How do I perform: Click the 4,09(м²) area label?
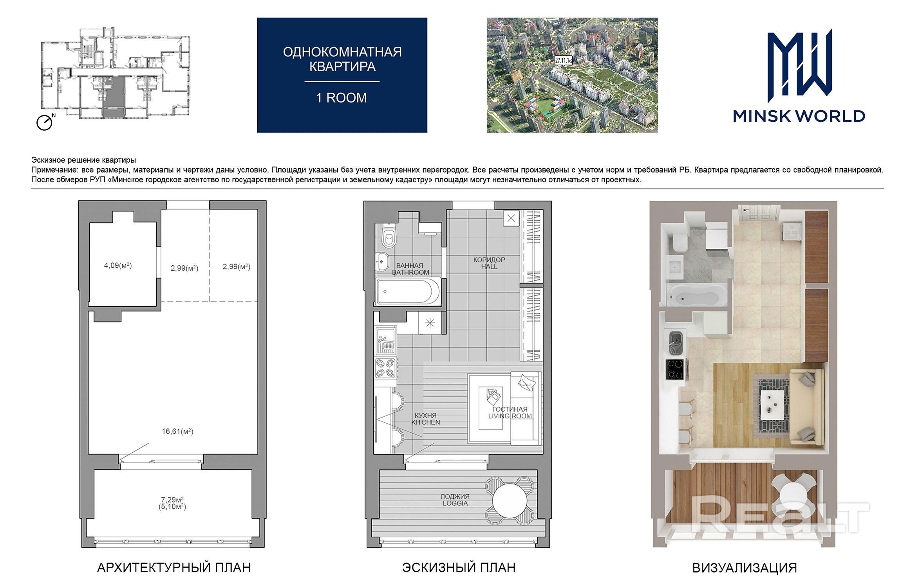(x=117, y=266)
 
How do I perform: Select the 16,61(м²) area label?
(x=177, y=432)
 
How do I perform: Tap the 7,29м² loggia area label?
(x=172, y=500)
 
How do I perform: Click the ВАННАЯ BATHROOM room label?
(x=410, y=269)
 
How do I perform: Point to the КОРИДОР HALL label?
(x=489, y=263)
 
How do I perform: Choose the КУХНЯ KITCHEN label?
(x=426, y=419)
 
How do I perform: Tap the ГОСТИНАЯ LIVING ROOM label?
(x=510, y=412)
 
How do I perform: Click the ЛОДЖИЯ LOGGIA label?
(x=455, y=500)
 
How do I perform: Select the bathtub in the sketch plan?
(x=408, y=291)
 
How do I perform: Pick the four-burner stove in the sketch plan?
(x=385, y=368)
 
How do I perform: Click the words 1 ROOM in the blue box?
(x=342, y=98)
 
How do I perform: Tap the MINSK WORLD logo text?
(x=799, y=116)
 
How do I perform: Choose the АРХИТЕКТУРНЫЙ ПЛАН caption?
(x=174, y=568)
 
